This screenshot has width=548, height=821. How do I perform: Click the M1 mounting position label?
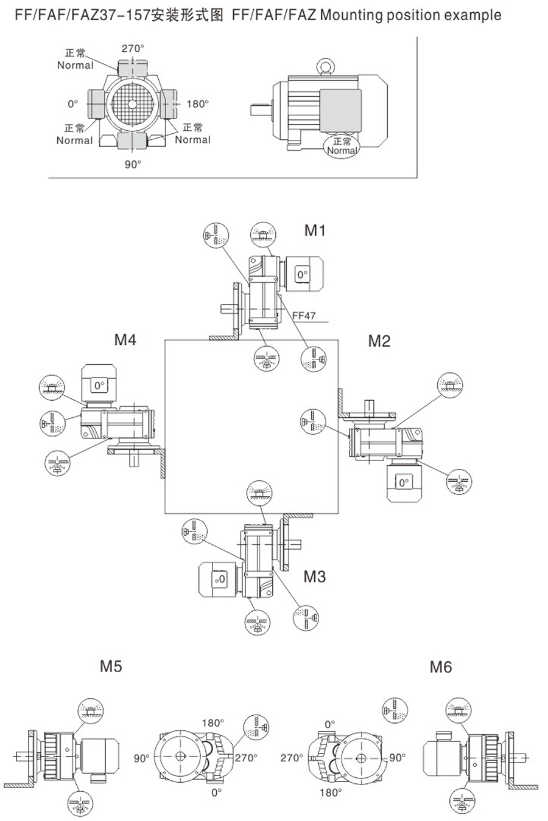(x=315, y=230)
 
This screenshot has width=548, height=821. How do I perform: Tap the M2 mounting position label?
(x=379, y=341)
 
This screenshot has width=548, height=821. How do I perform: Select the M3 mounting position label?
(x=314, y=577)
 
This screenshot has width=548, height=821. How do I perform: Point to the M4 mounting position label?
(x=125, y=340)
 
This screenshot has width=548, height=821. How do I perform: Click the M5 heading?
(x=111, y=667)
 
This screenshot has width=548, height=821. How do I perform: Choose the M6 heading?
(x=441, y=667)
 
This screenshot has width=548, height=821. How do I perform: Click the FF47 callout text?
(x=303, y=316)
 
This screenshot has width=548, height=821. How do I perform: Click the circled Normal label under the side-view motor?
(x=342, y=147)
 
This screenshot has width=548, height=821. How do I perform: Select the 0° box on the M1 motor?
(x=303, y=275)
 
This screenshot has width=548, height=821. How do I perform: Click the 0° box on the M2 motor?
(x=403, y=483)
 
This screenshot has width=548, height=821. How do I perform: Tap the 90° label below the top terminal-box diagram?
(x=133, y=164)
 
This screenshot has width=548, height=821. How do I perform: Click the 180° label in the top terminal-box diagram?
(x=197, y=104)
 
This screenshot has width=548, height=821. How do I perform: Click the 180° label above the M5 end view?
(x=213, y=723)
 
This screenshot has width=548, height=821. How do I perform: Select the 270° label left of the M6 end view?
(x=292, y=758)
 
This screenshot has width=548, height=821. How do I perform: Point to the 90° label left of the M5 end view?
(x=142, y=758)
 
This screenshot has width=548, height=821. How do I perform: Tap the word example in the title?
(x=471, y=15)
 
